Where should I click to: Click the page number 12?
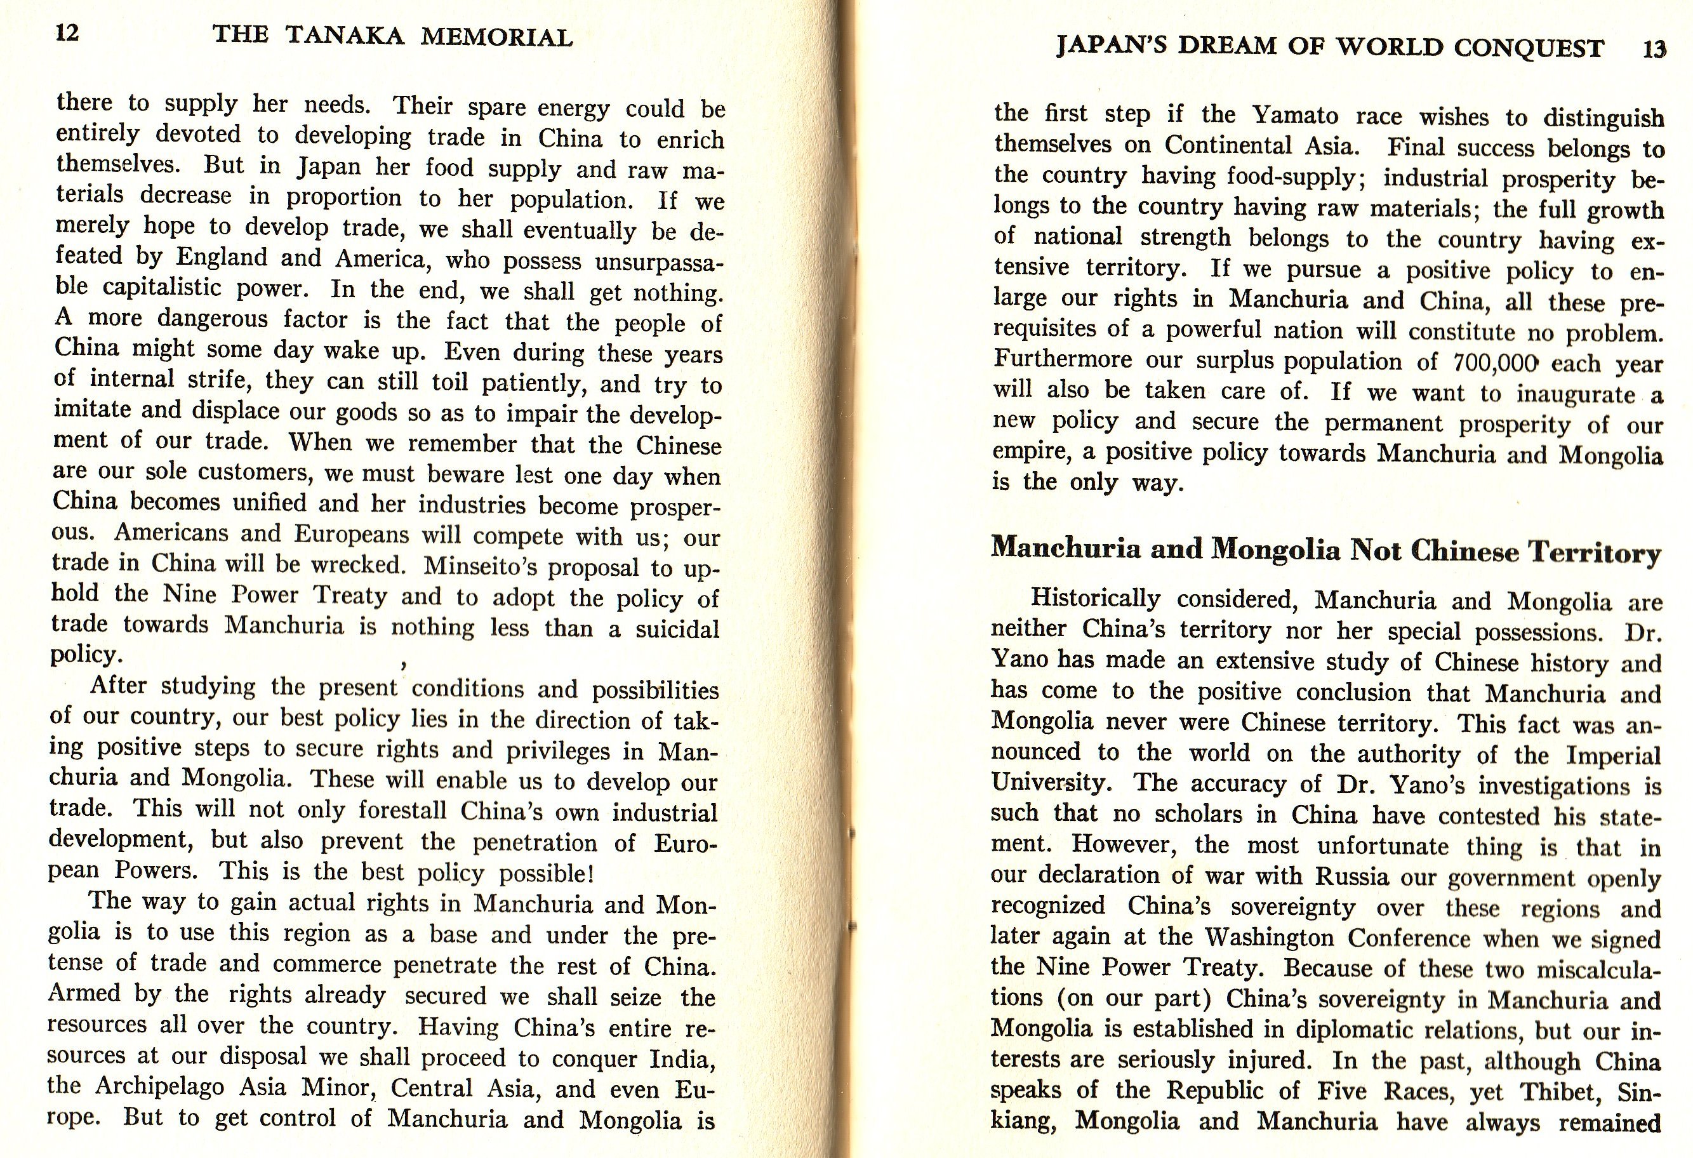67,34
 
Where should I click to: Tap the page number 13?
1654,49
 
